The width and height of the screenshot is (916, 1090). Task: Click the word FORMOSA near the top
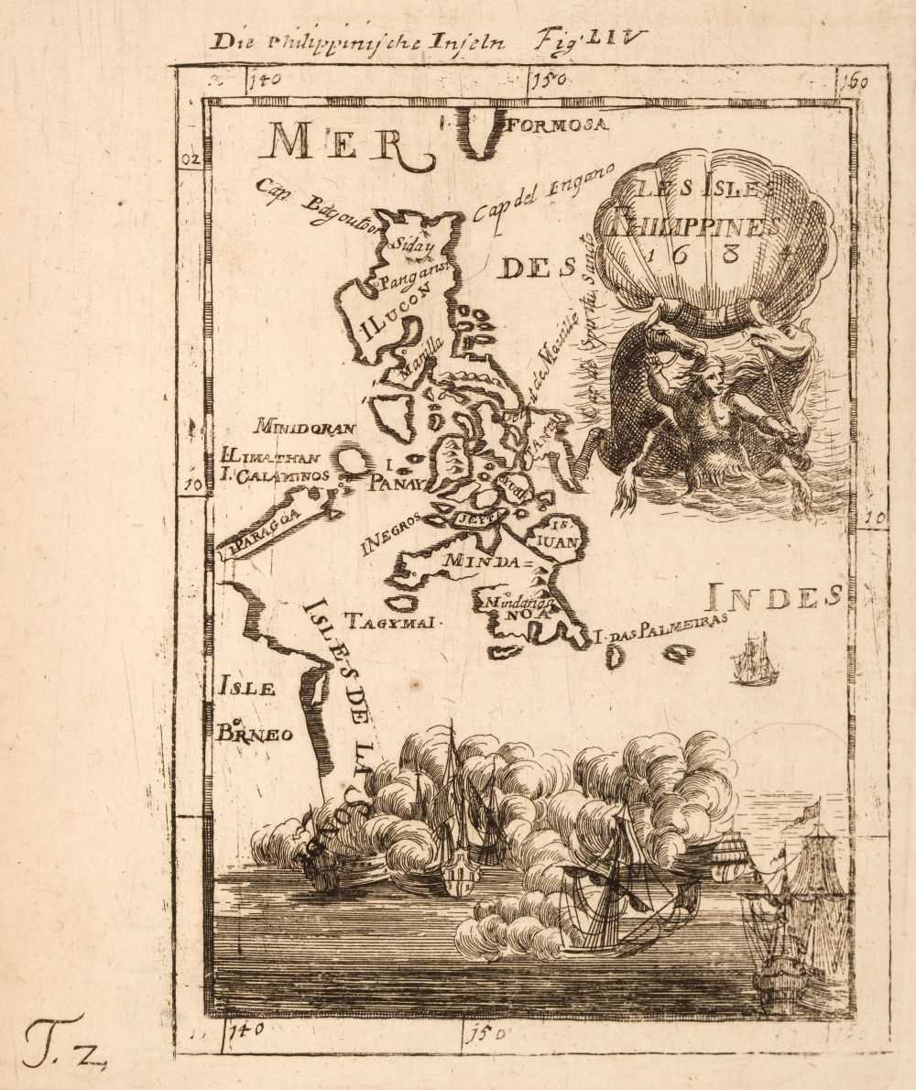555,125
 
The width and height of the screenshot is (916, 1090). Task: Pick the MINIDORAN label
305,427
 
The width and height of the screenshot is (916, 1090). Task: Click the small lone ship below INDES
755,659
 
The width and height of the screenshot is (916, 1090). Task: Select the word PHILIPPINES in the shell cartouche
701,223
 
